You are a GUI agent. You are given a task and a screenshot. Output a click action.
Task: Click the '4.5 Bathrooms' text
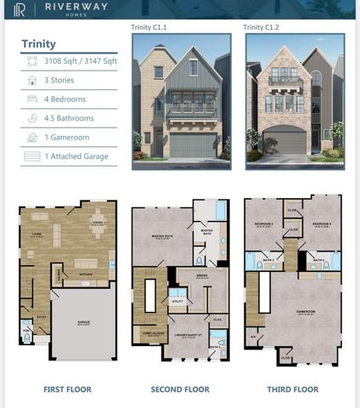point(70,118)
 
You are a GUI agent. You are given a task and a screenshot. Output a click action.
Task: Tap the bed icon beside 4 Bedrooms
point(31,99)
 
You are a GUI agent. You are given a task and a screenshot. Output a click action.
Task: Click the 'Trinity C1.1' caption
point(149,27)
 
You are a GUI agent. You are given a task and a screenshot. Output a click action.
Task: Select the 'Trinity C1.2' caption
point(261,27)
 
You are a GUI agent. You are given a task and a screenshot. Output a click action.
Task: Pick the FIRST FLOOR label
point(67,389)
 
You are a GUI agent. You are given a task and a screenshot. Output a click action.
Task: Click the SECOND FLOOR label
point(181,389)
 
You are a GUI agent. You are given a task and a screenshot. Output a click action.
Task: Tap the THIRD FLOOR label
point(293,389)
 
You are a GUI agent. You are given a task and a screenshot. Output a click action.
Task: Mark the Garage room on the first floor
point(83,323)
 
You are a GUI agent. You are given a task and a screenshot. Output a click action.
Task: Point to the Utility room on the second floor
point(177,300)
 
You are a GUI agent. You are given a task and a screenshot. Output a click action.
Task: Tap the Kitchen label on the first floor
point(85,275)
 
